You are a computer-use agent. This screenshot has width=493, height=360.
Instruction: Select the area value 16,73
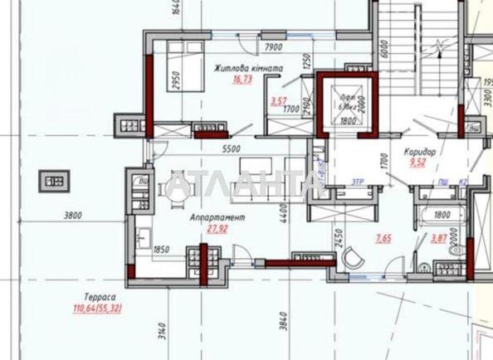tap(242, 80)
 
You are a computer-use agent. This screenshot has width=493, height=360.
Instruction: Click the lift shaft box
tap(346, 104)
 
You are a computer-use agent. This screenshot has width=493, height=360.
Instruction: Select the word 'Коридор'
tap(421, 153)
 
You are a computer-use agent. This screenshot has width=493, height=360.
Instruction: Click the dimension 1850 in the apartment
tap(161, 249)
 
